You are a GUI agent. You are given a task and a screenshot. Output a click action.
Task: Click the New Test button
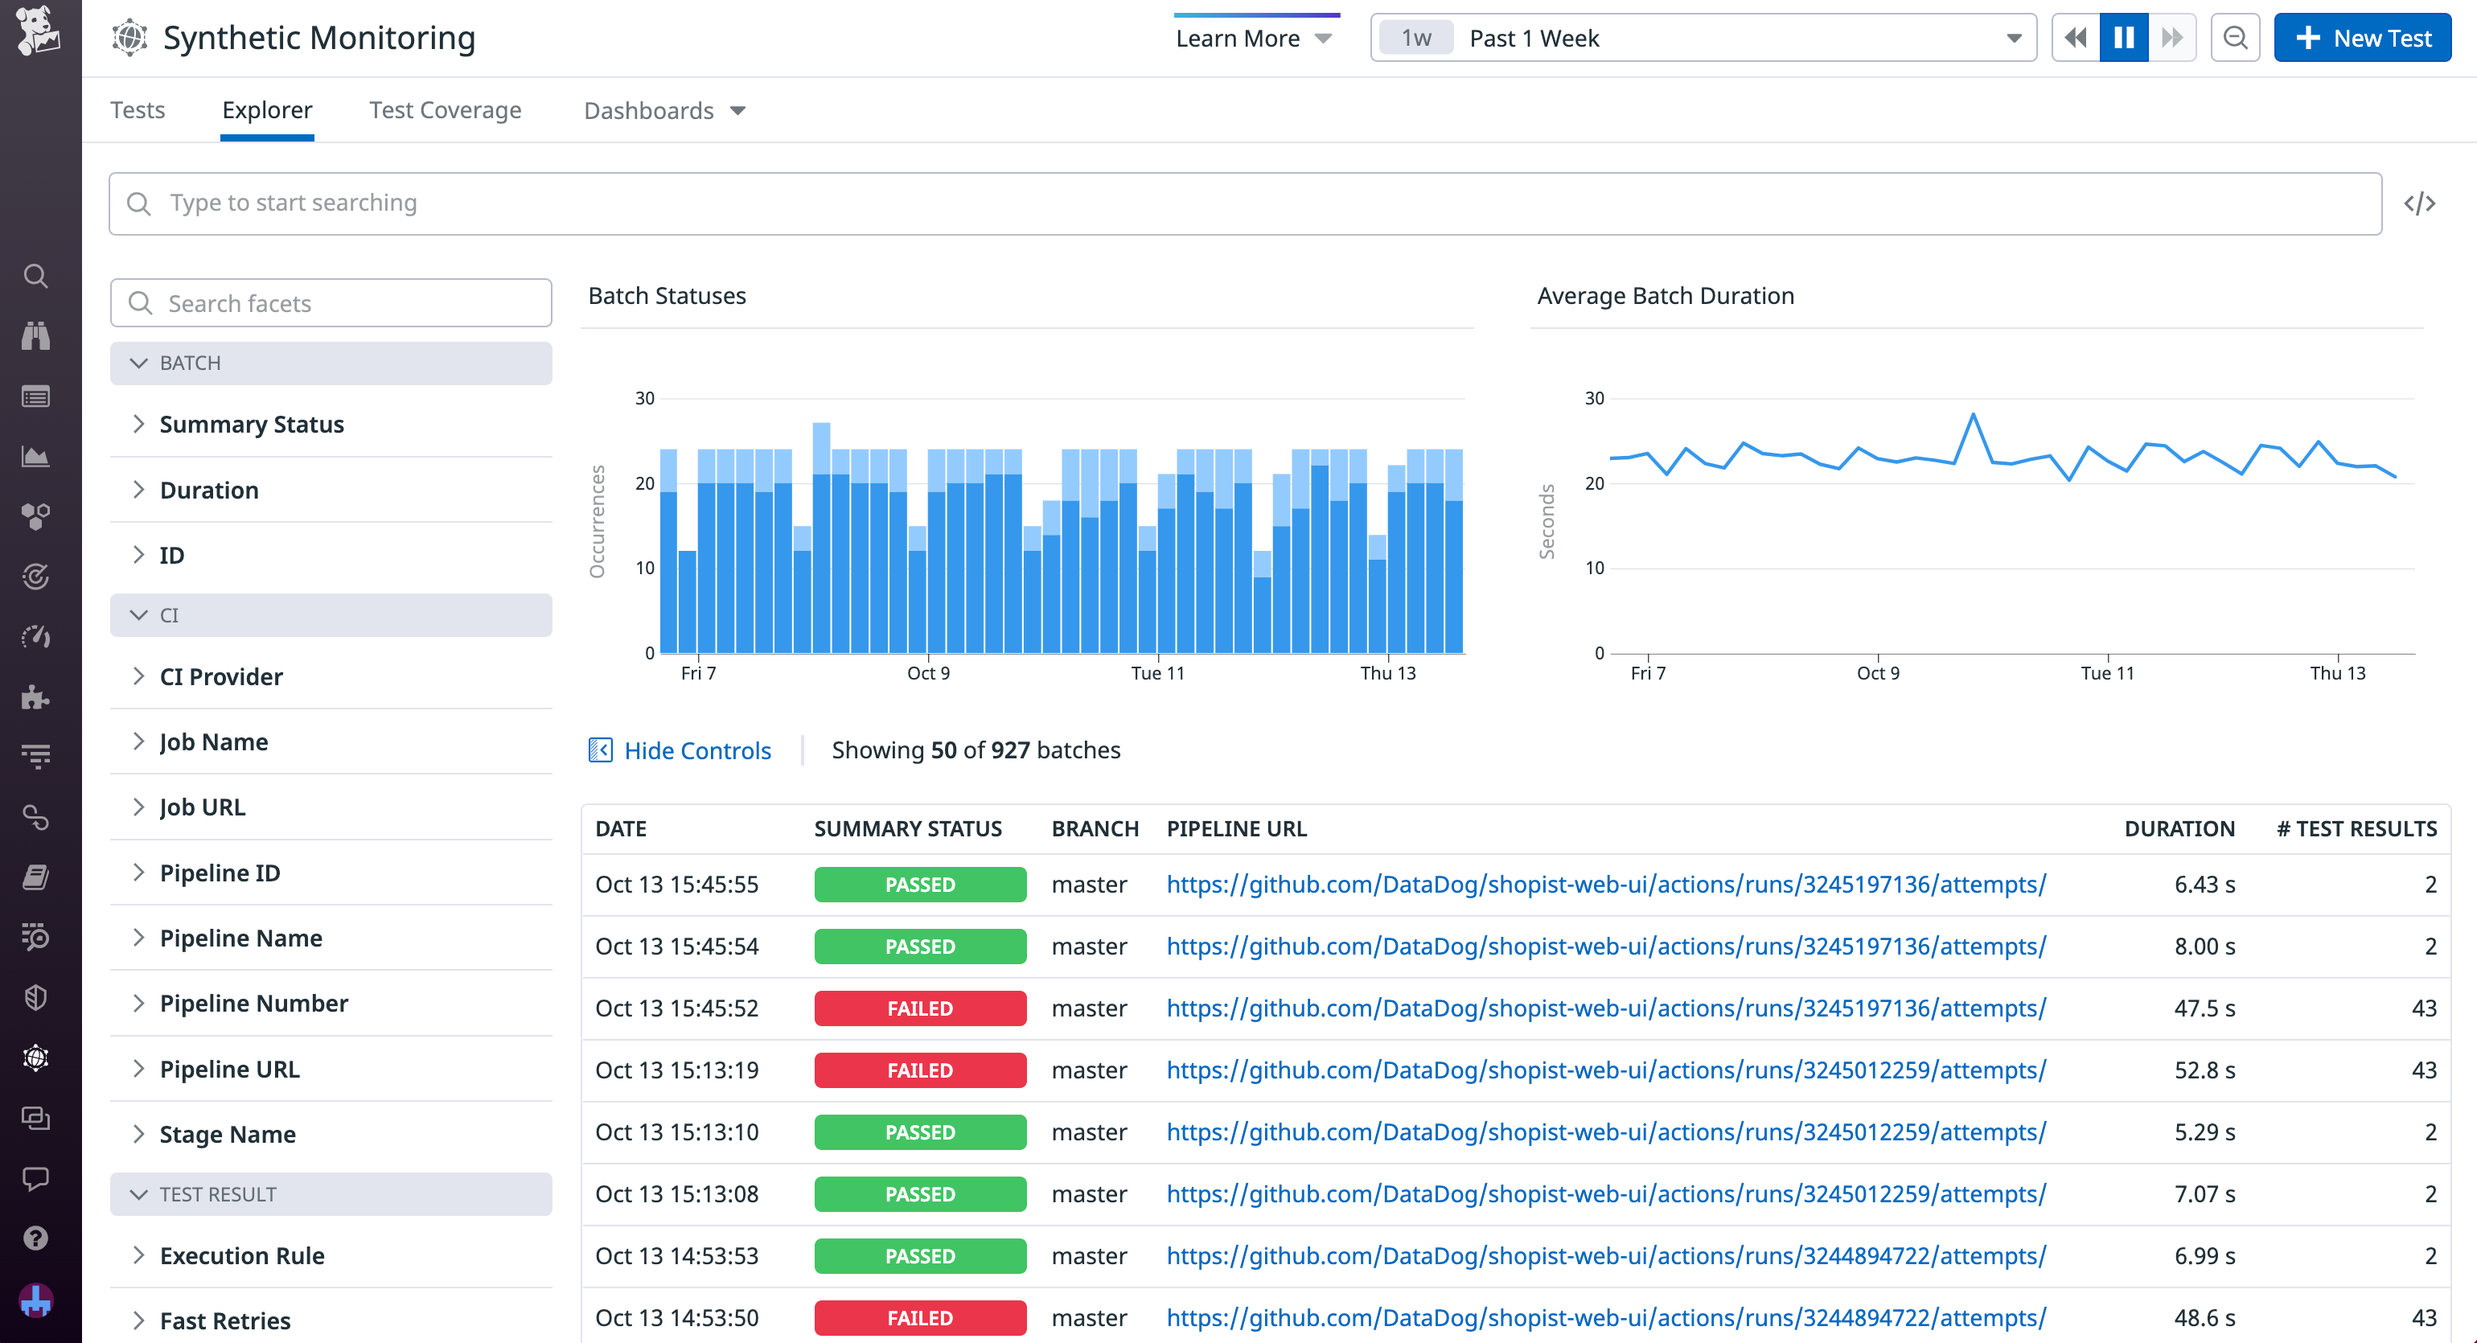pos(2362,39)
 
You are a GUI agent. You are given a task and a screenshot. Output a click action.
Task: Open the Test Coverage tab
pos(446,110)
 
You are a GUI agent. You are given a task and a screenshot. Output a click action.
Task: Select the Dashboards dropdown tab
pos(663,110)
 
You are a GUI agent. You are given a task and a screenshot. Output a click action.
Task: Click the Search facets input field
pos(331,304)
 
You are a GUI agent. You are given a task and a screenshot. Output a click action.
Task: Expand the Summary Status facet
pos(251,424)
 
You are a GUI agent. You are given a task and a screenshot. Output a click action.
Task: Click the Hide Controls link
pos(696,751)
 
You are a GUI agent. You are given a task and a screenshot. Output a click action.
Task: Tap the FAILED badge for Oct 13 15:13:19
pos(919,1071)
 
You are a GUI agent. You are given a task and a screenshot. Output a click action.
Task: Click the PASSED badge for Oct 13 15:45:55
pos(919,885)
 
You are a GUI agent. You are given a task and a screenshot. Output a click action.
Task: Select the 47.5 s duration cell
pos(2204,1008)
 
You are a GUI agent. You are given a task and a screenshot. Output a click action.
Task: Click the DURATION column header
pos(2178,828)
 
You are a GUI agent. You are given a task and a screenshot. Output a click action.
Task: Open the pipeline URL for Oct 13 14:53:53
pos(1606,1256)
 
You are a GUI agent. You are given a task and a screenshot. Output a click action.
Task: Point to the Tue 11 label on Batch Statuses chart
pos(1158,673)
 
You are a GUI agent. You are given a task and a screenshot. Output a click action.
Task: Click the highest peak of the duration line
pos(1973,415)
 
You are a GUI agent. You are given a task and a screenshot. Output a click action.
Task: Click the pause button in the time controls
pos(2123,39)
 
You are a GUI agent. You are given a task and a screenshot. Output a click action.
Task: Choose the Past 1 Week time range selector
pos(1702,39)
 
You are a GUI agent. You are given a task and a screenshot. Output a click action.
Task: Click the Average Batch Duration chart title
pos(1665,296)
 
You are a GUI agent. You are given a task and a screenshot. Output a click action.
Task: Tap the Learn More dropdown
pos(1253,39)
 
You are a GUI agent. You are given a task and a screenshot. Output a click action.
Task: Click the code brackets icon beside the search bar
pos(2419,203)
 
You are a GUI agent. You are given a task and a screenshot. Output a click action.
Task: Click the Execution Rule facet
pos(241,1255)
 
